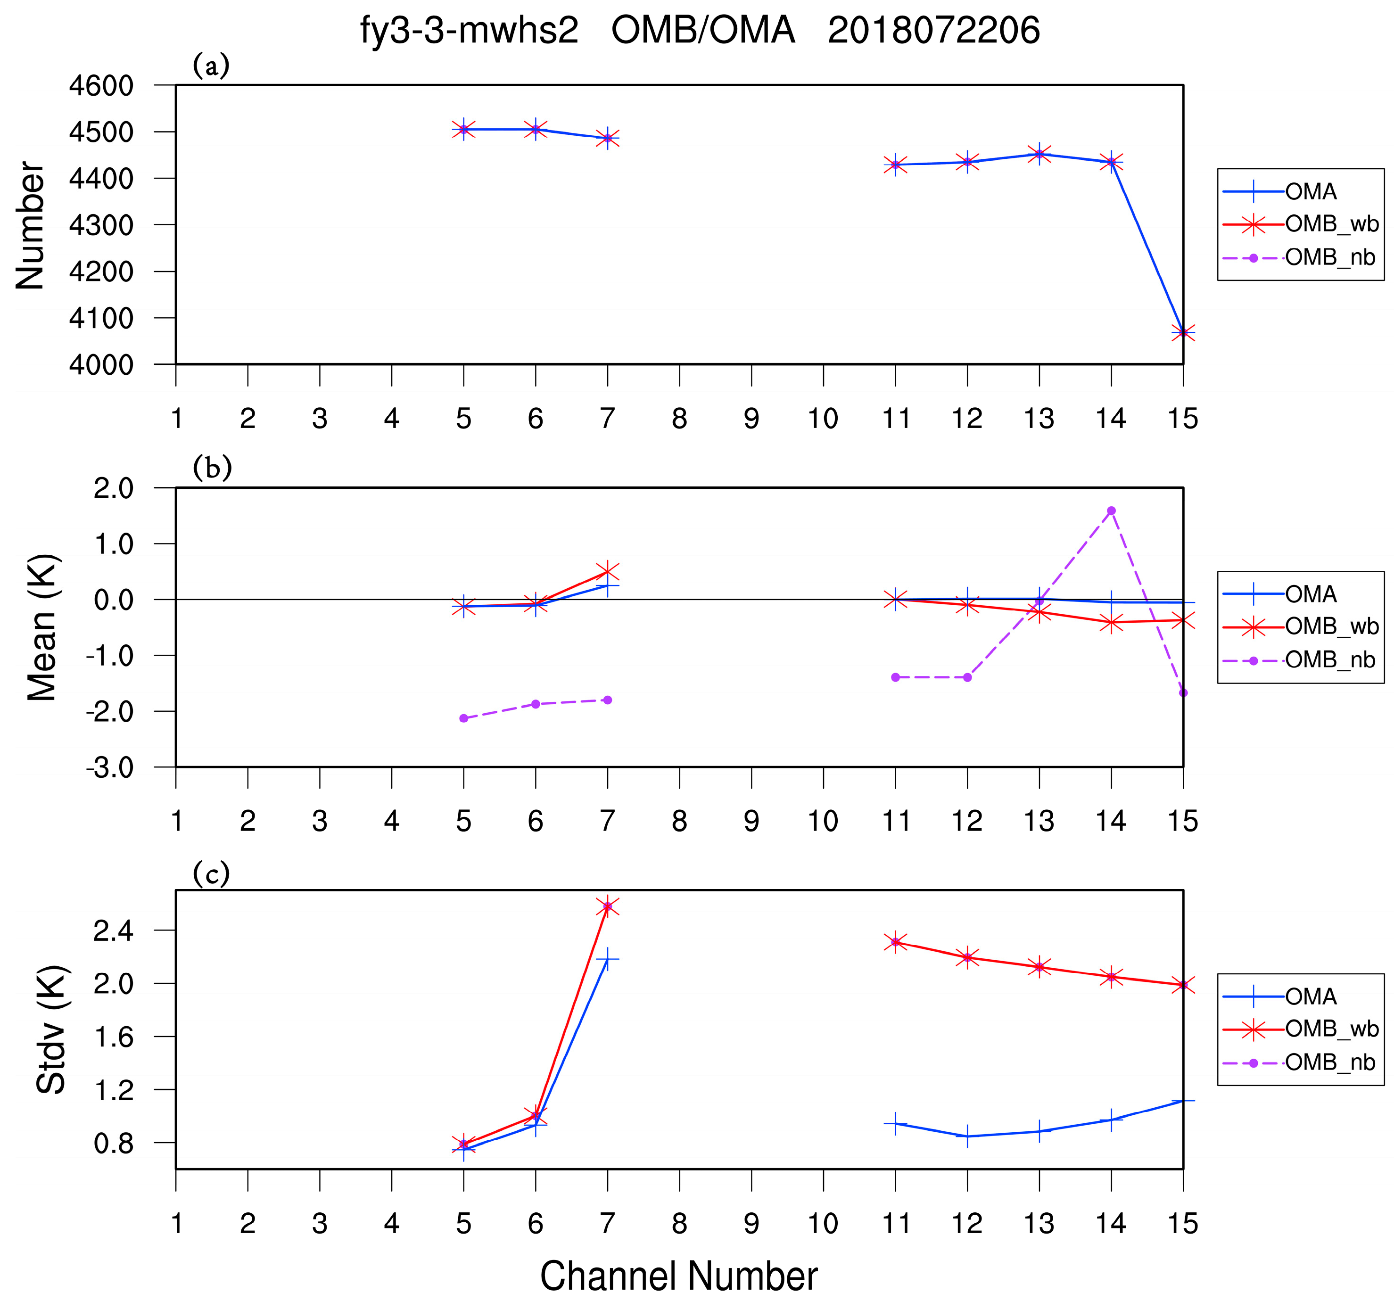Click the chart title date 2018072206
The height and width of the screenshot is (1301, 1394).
click(x=933, y=31)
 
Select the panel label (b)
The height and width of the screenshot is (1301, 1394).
click(x=212, y=468)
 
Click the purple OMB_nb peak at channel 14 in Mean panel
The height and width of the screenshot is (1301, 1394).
click(x=1112, y=511)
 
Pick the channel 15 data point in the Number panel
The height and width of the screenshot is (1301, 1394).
click(x=1183, y=332)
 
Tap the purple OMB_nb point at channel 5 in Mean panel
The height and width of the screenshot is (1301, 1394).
click(x=463, y=718)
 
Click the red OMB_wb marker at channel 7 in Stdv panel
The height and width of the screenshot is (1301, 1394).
click(x=607, y=907)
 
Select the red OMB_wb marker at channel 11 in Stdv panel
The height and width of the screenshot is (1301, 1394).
click(x=895, y=942)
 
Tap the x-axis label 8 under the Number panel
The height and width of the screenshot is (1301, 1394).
click(x=679, y=419)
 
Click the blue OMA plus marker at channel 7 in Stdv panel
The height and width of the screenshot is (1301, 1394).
click(x=607, y=959)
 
